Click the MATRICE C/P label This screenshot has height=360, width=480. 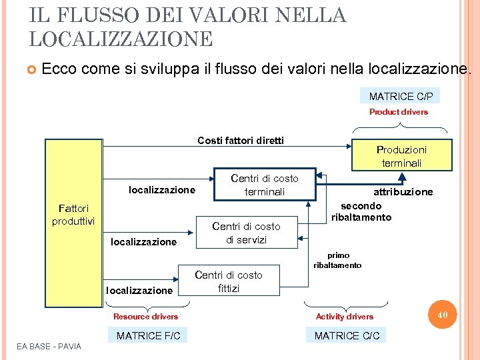[400, 97]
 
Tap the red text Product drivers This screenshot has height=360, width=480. [399, 112]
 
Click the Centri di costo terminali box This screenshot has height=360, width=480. [264, 185]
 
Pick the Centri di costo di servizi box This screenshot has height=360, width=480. [246, 233]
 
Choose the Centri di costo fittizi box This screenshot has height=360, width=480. [228, 281]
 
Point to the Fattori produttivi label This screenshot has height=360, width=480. [73, 215]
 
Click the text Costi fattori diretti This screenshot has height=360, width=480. [241, 140]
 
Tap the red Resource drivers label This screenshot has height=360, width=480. [145, 317]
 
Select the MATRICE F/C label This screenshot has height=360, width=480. [148, 335]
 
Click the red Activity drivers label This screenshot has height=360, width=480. [345, 317]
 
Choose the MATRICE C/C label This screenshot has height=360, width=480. [347, 335]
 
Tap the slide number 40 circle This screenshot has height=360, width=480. [442, 313]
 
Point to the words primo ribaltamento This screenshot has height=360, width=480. [337, 260]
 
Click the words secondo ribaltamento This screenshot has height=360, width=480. [361, 211]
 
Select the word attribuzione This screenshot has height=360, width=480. [403, 192]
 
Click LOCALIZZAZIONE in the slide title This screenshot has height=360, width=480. [121, 38]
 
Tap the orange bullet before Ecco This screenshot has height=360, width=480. [31, 69]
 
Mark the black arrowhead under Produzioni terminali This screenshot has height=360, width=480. [401, 177]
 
